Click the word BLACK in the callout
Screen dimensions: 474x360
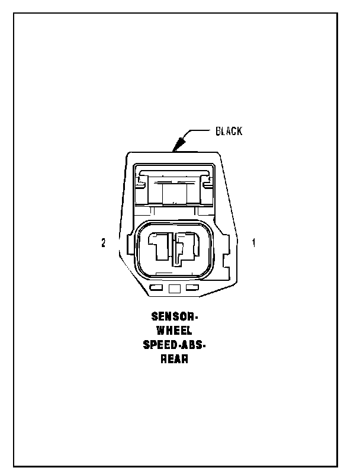(x=228, y=131)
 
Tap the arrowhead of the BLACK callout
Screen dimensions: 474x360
(x=175, y=146)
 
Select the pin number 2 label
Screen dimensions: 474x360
(x=104, y=243)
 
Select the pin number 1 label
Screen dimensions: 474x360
(x=253, y=243)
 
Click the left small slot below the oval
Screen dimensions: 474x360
(x=157, y=288)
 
